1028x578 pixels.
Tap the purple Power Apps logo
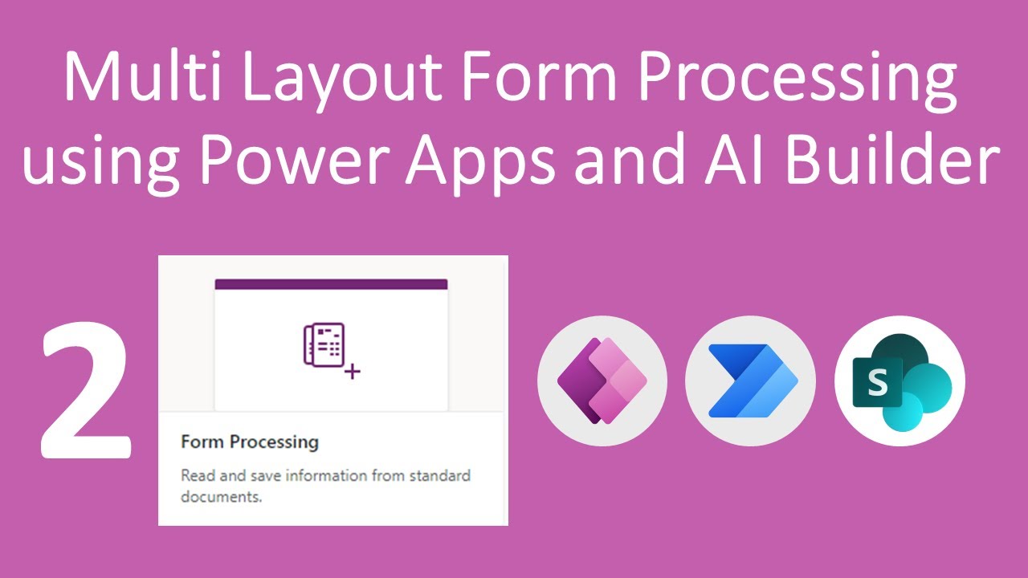click(x=602, y=381)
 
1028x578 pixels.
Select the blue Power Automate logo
click(x=749, y=381)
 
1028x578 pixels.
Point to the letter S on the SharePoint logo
click(x=878, y=384)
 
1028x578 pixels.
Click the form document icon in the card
click(x=324, y=346)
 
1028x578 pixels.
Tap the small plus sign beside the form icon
click(x=352, y=372)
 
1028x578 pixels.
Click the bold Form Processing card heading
click(x=250, y=442)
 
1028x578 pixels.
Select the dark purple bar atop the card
click(x=331, y=284)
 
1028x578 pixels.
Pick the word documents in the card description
click(x=219, y=497)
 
